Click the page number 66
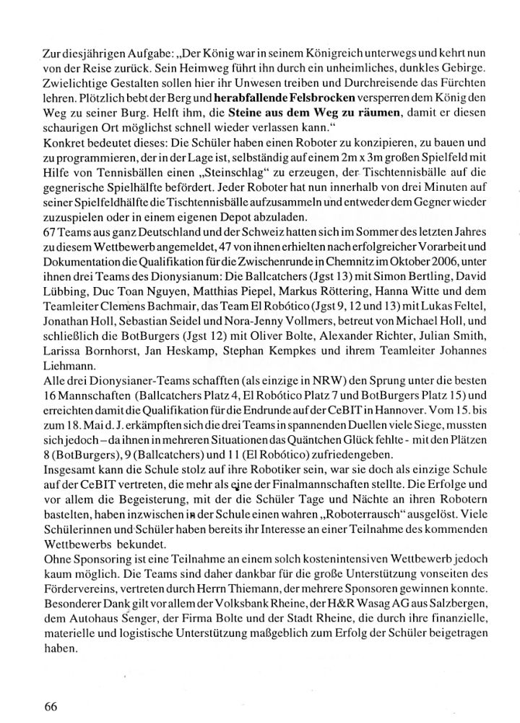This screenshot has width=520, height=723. (x=51, y=706)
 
